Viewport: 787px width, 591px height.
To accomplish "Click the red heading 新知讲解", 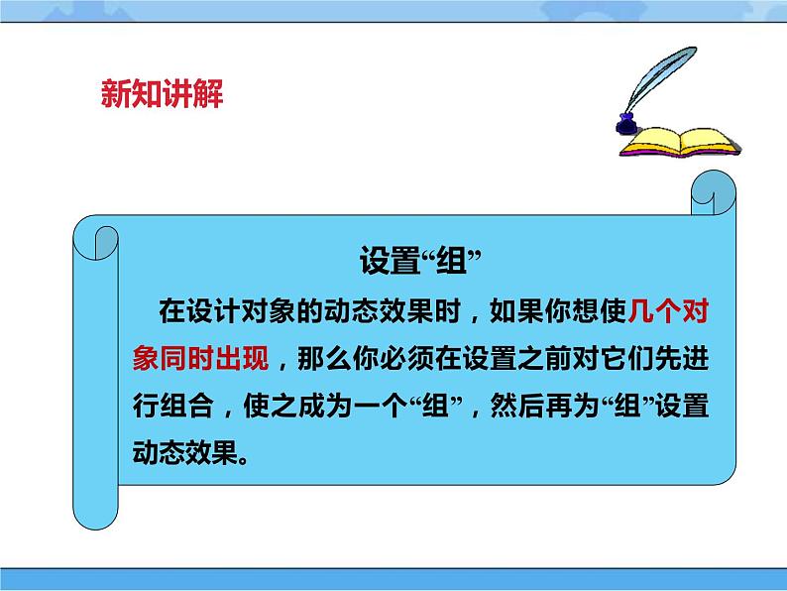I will (x=163, y=95).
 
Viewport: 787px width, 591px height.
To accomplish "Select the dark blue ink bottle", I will (x=625, y=124).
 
